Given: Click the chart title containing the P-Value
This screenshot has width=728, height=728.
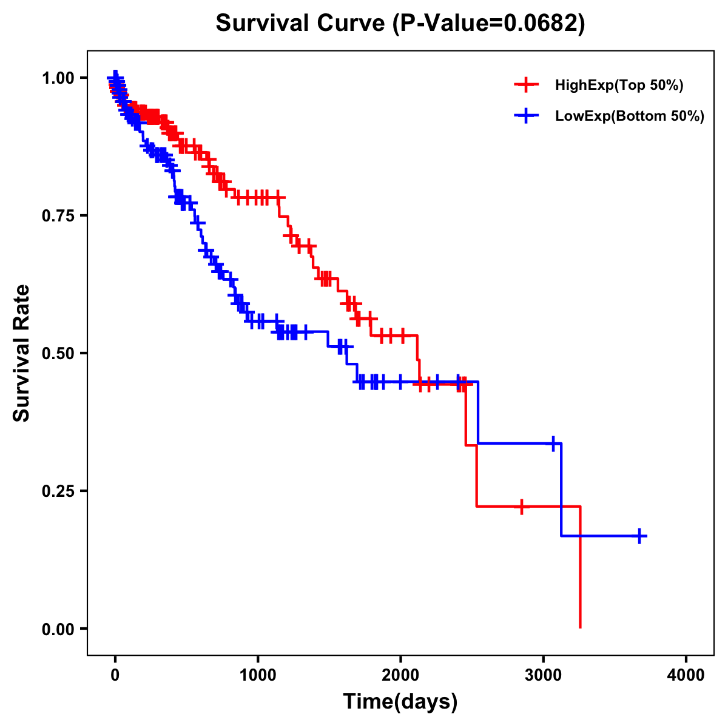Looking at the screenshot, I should click(x=400, y=24).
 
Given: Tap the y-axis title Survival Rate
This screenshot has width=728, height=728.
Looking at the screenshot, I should click(x=22, y=353).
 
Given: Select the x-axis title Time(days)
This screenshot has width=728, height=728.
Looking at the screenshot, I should click(x=400, y=702).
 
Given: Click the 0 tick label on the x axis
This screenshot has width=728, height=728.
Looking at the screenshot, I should click(x=115, y=675).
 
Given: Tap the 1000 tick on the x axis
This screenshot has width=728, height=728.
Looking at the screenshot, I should click(x=258, y=675).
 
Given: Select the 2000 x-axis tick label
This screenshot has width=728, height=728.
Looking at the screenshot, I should click(x=400, y=675).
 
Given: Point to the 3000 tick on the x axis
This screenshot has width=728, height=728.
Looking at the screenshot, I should click(x=544, y=675).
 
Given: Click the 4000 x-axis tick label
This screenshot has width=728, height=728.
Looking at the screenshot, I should click(x=686, y=675).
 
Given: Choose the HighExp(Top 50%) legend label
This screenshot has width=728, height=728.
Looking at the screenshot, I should click(x=619, y=86).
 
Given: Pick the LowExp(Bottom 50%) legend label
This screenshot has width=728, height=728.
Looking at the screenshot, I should click(x=630, y=116).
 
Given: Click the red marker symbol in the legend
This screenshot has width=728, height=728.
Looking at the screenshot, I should click(x=527, y=85).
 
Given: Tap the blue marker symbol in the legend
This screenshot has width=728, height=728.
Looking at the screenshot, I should click(x=527, y=116).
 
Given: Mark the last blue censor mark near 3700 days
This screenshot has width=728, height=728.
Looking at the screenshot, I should click(x=639, y=536).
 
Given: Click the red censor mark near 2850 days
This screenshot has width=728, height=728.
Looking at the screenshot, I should click(x=521, y=506).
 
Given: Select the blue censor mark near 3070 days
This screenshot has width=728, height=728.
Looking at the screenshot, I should click(x=553, y=443).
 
